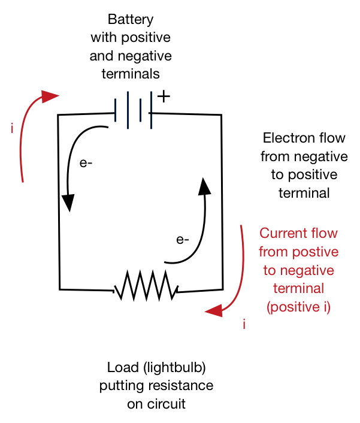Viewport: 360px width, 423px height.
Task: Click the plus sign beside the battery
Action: tap(164, 96)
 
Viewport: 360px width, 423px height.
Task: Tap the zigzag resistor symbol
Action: tap(146, 285)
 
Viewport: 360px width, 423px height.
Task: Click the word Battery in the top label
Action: tap(131, 20)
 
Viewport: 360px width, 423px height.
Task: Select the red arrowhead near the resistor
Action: tap(214, 311)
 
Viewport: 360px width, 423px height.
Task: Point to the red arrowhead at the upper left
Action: tap(49, 96)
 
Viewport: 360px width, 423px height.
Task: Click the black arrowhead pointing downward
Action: tap(68, 203)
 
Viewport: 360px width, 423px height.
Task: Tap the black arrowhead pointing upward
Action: tap(204, 186)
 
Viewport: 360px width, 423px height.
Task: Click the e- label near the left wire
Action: tap(86, 163)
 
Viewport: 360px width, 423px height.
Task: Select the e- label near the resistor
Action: tap(183, 240)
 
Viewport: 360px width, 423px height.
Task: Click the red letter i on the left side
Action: tap(12, 128)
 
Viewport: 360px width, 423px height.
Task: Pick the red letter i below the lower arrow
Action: tap(244, 324)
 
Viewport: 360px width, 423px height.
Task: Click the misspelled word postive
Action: tap(315, 252)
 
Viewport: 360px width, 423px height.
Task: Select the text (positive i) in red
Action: tap(298, 307)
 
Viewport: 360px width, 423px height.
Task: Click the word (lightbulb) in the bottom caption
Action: tap(174, 368)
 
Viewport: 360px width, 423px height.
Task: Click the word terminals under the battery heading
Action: tap(131, 74)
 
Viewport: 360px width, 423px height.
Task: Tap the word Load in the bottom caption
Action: tap(123, 367)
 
